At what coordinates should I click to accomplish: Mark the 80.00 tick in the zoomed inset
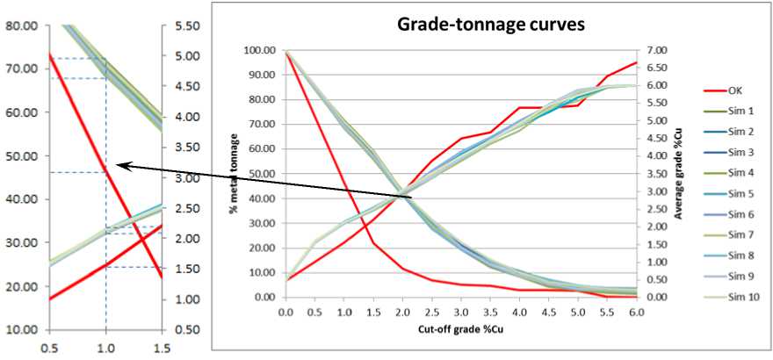(18, 25)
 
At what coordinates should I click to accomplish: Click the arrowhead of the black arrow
(119, 164)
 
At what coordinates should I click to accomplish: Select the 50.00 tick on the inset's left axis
(18, 156)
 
